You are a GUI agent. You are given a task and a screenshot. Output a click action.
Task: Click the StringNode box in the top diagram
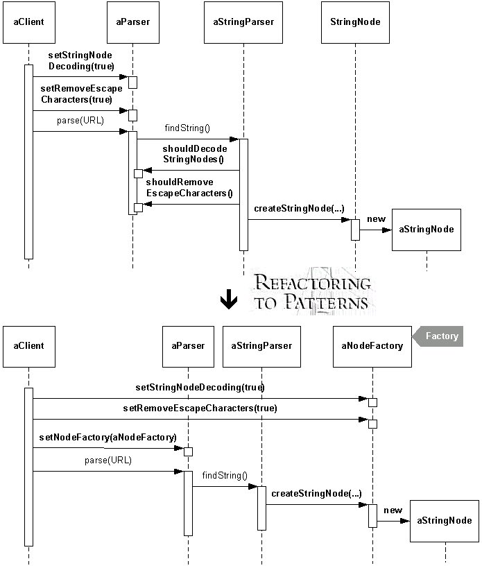[x=355, y=22]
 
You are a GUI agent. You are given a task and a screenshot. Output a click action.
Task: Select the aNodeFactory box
[x=372, y=347]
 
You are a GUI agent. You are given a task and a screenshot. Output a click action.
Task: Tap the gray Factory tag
[x=438, y=336]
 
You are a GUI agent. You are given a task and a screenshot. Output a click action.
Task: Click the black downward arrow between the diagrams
[x=229, y=299]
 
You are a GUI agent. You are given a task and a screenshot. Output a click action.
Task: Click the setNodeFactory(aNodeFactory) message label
[x=108, y=437]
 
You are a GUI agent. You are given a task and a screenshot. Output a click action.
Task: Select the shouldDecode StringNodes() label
[x=194, y=154]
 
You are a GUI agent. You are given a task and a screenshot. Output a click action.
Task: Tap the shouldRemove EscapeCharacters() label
[x=189, y=188]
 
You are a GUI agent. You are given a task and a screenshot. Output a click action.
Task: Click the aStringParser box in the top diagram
[x=243, y=22]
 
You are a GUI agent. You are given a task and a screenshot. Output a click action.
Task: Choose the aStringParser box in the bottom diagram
[x=261, y=347]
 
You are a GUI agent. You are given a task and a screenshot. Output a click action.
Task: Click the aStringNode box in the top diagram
[x=427, y=230]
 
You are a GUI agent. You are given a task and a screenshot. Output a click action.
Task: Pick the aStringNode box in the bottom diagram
[x=445, y=522]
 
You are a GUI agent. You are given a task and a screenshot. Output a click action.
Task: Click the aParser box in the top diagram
[x=133, y=22]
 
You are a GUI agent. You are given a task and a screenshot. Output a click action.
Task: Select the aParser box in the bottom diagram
[x=188, y=347]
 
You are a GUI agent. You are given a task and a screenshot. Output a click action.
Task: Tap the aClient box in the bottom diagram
[x=29, y=347]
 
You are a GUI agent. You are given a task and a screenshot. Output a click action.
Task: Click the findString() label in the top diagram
[x=187, y=128]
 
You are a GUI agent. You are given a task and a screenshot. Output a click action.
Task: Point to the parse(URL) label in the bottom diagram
[x=108, y=460]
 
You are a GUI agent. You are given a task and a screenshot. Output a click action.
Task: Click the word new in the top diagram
[x=377, y=219]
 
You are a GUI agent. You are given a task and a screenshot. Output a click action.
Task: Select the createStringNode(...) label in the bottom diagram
[x=316, y=493]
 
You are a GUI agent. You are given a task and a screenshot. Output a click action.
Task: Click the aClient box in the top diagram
[x=29, y=22]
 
